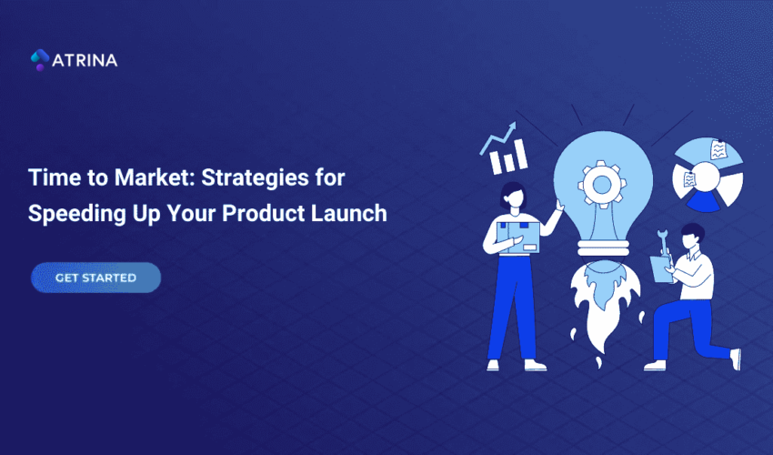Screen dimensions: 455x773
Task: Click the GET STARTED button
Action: tap(95, 278)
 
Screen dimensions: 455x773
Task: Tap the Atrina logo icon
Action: tap(39, 60)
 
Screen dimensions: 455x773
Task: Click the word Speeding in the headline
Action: tap(69, 214)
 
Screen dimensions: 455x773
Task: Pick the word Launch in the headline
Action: tap(353, 214)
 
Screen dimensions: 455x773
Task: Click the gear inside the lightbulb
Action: tap(600, 184)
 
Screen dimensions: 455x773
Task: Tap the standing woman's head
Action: tap(511, 193)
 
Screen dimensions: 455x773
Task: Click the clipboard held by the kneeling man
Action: tap(658, 269)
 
